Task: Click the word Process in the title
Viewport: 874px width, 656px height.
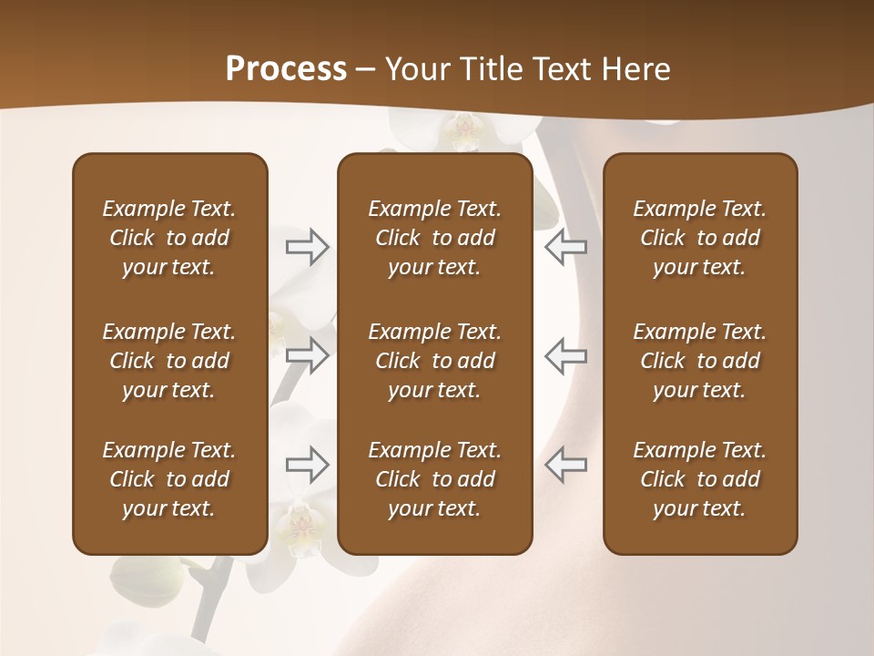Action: [x=286, y=69]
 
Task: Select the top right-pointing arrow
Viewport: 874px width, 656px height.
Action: [x=308, y=247]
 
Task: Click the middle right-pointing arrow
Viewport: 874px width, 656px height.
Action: [x=308, y=355]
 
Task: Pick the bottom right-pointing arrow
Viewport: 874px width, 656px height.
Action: [x=308, y=465]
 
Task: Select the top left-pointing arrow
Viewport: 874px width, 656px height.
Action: [x=565, y=247]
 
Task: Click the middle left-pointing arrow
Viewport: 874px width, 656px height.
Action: [x=565, y=355]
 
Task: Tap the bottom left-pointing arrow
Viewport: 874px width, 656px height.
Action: [x=565, y=465]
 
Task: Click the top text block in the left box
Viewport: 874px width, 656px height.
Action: [x=169, y=238]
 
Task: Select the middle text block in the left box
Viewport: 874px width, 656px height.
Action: [x=169, y=361]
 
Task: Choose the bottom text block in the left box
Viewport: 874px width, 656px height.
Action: [x=169, y=479]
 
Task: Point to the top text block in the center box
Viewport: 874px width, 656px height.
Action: [x=434, y=238]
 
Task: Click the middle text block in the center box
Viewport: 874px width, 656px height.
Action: [x=434, y=361]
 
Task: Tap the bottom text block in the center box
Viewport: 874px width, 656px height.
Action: [x=434, y=479]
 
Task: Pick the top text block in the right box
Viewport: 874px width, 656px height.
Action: [x=699, y=238]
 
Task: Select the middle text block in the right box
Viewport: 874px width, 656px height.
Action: [x=699, y=361]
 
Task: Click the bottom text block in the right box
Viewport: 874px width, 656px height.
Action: [x=699, y=479]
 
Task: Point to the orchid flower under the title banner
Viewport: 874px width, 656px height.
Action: [x=464, y=133]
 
